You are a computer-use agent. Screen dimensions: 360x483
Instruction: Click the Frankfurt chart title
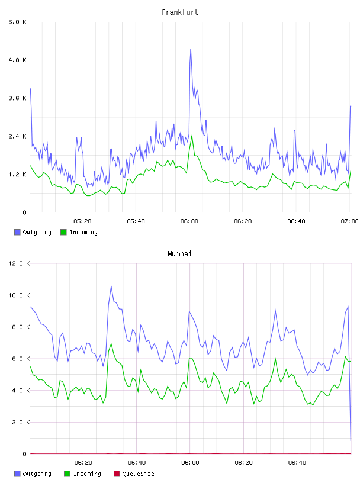[x=180, y=12]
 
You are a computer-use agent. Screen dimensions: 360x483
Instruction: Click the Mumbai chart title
[x=179, y=254]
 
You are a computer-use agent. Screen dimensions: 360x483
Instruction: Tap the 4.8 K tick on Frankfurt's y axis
[x=17, y=60]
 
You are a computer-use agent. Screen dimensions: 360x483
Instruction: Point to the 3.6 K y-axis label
[x=17, y=98]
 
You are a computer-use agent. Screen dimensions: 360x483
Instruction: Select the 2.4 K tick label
[x=17, y=137]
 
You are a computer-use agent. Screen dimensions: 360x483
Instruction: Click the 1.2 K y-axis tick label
[x=17, y=175]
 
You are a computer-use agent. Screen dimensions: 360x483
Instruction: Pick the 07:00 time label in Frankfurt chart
[x=349, y=221]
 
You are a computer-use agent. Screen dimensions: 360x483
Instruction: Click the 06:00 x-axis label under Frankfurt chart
[x=189, y=221]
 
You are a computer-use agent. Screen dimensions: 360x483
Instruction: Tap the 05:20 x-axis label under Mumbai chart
[x=83, y=463]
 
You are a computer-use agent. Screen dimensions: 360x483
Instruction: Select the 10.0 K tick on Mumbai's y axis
[x=19, y=295]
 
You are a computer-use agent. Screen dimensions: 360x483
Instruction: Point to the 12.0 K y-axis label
[x=19, y=263]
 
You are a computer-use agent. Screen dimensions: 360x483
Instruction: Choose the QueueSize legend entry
[x=134, y=474]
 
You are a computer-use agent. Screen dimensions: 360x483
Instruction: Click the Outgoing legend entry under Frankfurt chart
[x=33, y=232]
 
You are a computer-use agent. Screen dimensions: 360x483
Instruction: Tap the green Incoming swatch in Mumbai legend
[x=67, y=474]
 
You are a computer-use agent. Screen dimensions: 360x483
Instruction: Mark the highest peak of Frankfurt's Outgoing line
[x=191, y=50]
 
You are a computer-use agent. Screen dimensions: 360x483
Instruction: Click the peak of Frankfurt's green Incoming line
[x=192, y=135]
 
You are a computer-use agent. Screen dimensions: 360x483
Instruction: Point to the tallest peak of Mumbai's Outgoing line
[x=111, y=286]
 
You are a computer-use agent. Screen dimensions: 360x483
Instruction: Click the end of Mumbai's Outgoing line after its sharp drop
[x=351, y=440]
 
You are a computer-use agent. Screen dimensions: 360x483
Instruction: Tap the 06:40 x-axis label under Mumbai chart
[x=297, y=463]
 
